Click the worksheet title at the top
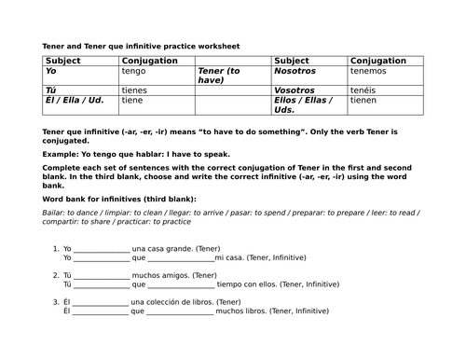(x=140, y=45)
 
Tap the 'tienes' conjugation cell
(x=137, y=90)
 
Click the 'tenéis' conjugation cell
(x=364, y=90)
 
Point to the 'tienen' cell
(x=364, y=100)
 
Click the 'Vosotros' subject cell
(x=295, y=90)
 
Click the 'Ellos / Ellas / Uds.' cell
(x=305, y=104)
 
